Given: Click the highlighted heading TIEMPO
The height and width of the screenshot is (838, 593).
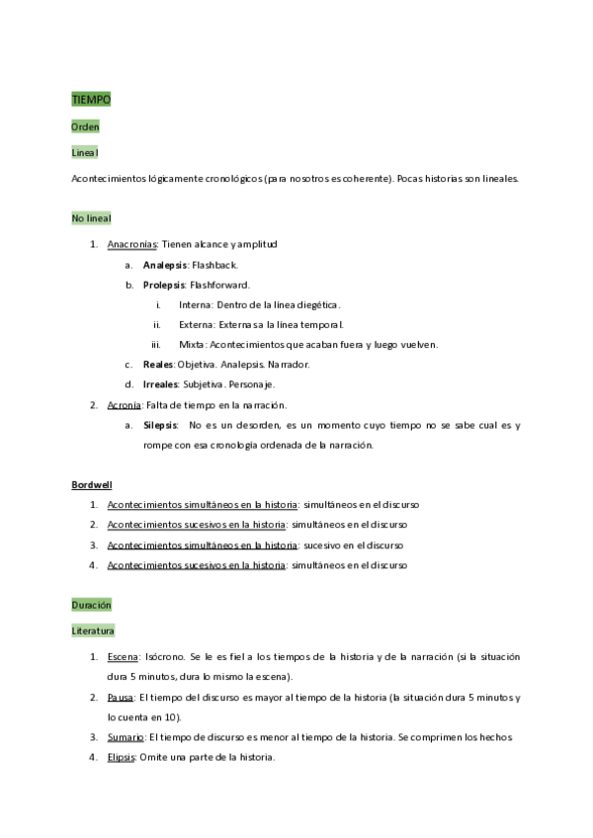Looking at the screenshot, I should tap(91, 100).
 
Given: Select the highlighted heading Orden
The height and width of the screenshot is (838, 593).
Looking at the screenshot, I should tap(85, 126).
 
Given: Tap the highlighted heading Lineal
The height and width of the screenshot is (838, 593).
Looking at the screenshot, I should tap(85, 152).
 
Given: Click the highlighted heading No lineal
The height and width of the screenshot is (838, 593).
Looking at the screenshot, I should tap(91, 217).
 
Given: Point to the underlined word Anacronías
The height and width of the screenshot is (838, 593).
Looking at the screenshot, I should tap(131, 243).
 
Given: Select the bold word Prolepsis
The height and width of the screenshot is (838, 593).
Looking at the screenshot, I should tap(165, 285).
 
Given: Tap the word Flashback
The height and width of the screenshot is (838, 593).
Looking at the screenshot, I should tap(214, 265).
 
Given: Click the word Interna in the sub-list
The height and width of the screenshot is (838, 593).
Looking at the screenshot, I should tap(195, 304).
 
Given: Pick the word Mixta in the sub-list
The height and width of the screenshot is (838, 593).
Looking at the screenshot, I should tap(192, 344).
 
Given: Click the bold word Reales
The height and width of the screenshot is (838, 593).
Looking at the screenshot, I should tap(158, 364).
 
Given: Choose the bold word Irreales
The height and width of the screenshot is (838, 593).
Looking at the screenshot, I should tap(161, 383).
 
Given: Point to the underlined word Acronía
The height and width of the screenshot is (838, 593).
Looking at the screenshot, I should tap(125, 404).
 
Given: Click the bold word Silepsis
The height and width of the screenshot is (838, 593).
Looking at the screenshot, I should tap(161, 425).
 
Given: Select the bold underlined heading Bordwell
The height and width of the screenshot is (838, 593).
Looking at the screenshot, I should tap(91, 484).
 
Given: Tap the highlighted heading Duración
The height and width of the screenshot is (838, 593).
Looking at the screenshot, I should tap(91, 604).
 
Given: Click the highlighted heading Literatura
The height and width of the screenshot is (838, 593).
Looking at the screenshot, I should tap(93, 629).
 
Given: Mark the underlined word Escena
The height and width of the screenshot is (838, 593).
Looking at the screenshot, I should tap(123, 656).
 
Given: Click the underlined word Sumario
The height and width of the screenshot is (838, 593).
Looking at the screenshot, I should tap(126, 737).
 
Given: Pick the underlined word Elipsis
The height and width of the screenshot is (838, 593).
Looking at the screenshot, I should tap(122, 757).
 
